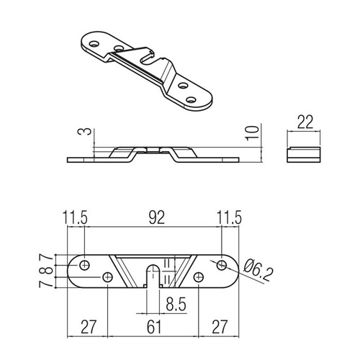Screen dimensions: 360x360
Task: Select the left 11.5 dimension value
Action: (76, 216)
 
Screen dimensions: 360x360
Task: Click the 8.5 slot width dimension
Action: (175, 305)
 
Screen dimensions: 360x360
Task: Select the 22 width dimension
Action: (303, 123)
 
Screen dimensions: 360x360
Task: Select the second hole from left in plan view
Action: (108, 277)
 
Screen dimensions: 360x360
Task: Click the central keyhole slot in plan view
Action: (153, 274)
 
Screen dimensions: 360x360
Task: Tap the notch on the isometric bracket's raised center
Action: (149, 55)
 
